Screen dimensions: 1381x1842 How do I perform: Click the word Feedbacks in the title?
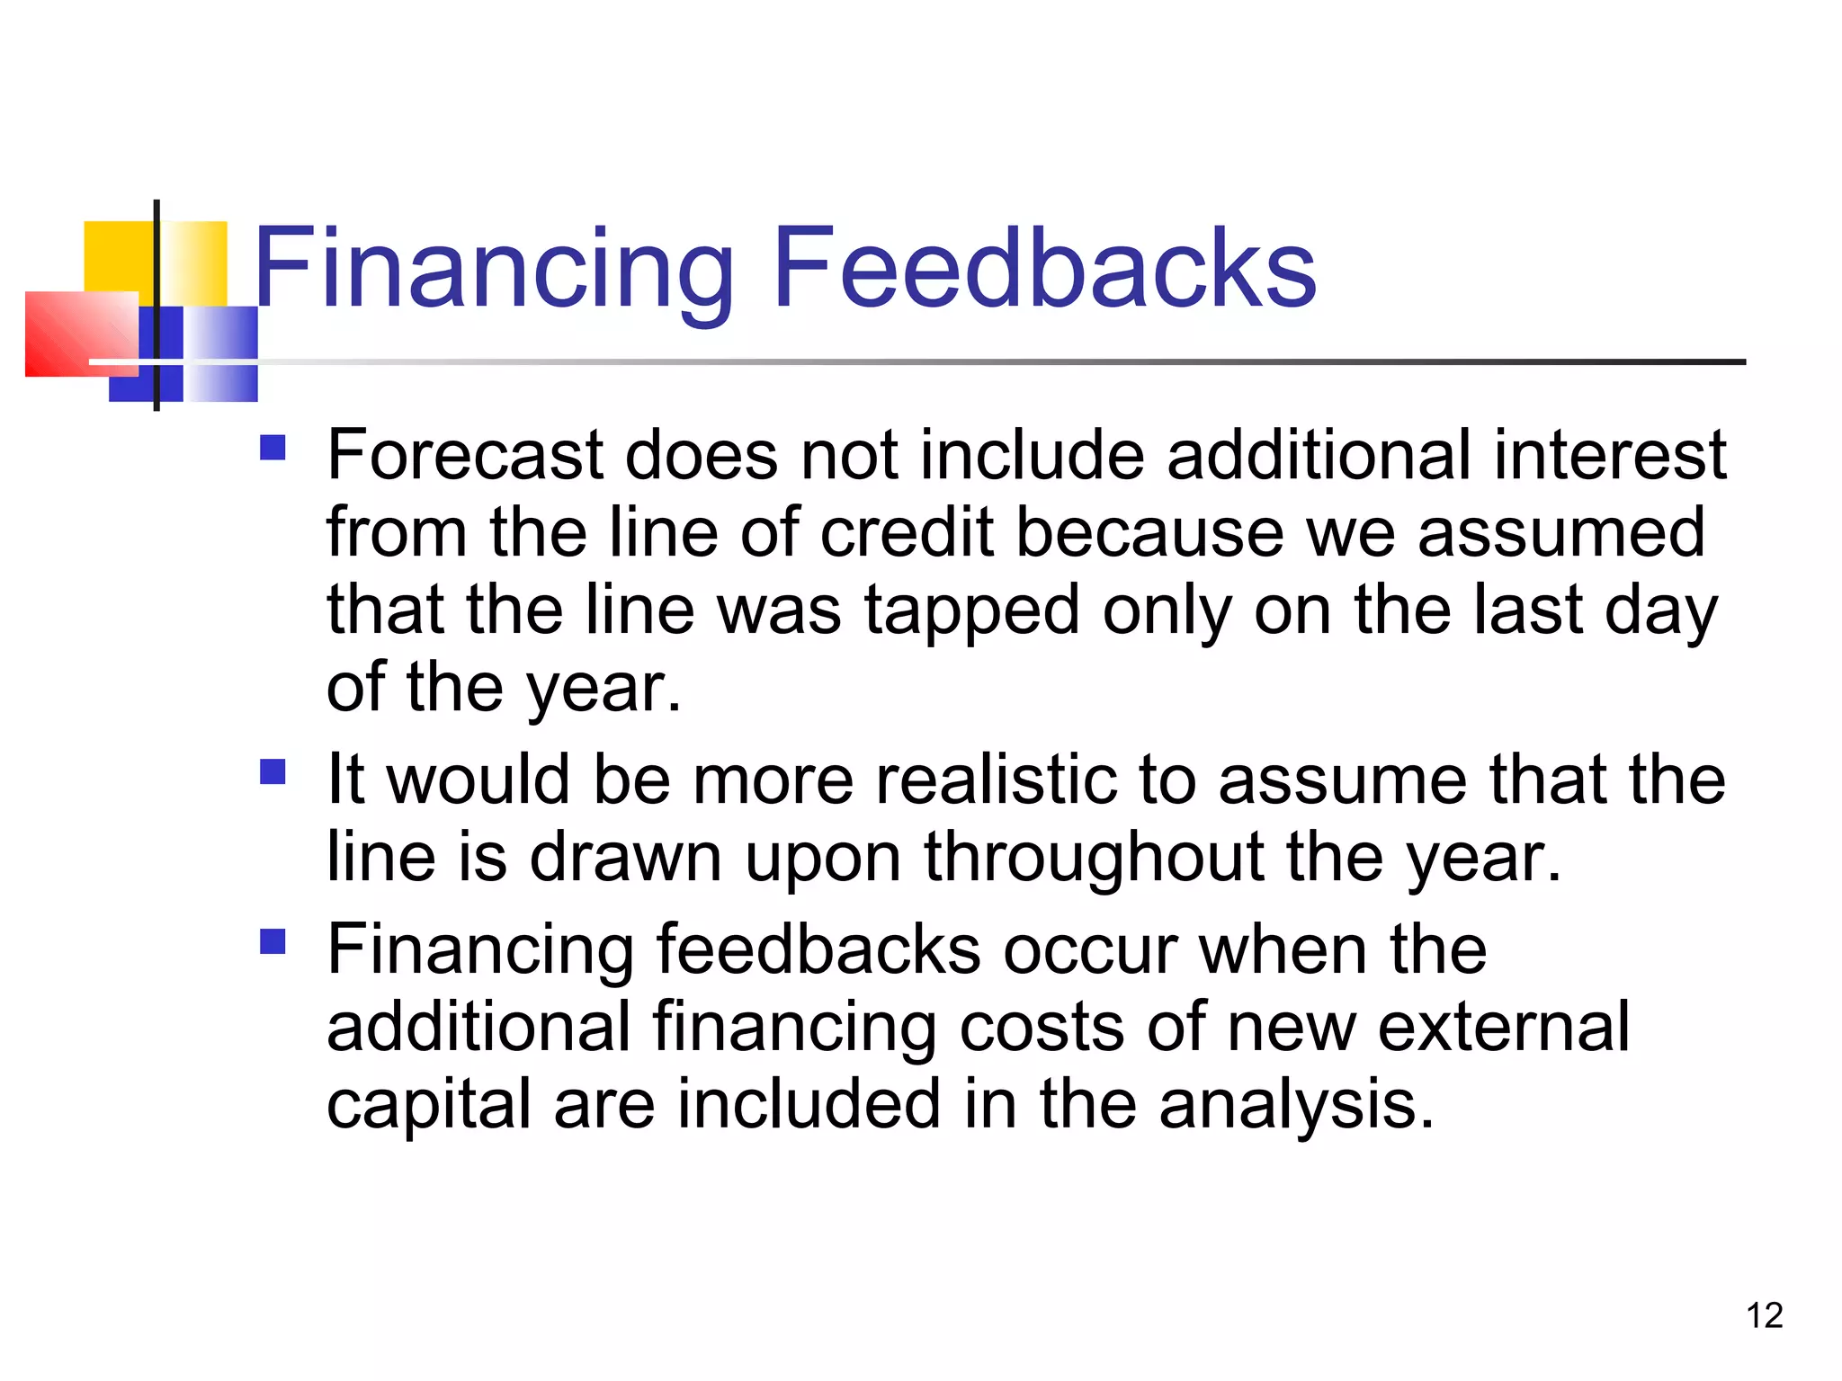coord(1043,268)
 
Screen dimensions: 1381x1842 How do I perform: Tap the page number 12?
coord(1764,1315)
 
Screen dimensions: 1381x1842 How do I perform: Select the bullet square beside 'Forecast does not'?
coord(273,448)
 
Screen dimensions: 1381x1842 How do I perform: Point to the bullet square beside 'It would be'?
coord(273,771)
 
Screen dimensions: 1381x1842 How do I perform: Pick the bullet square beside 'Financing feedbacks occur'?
coord(273,941)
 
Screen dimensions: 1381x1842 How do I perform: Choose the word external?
coord(1504,1026)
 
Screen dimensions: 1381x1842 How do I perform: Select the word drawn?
coord(625,858)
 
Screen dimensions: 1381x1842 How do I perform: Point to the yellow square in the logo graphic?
coord(117,256)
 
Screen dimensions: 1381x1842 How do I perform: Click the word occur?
coord(1090,949)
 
